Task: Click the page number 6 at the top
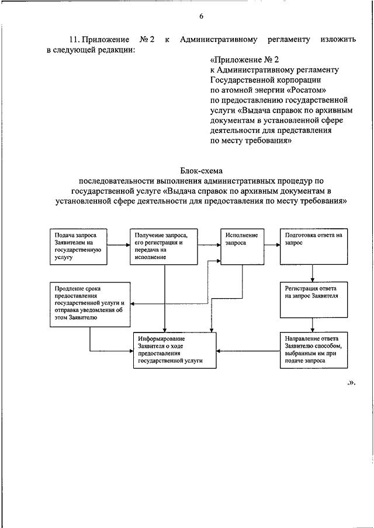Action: click(x=200, y=16)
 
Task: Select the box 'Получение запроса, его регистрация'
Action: click(x=164, y=245)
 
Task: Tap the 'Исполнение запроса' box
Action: click(x=239, y=245)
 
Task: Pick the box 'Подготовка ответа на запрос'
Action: click(x=313, y=245)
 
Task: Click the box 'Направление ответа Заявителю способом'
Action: click(x=313, y=350)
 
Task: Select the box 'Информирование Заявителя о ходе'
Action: click(x=174, y=350)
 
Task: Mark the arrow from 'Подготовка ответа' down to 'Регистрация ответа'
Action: click(x=313, y=272)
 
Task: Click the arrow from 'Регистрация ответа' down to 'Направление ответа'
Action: click(x=313, y=324)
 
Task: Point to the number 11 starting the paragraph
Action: click(x=74, y=40)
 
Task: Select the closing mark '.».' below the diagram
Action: click(x=351, y=383)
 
